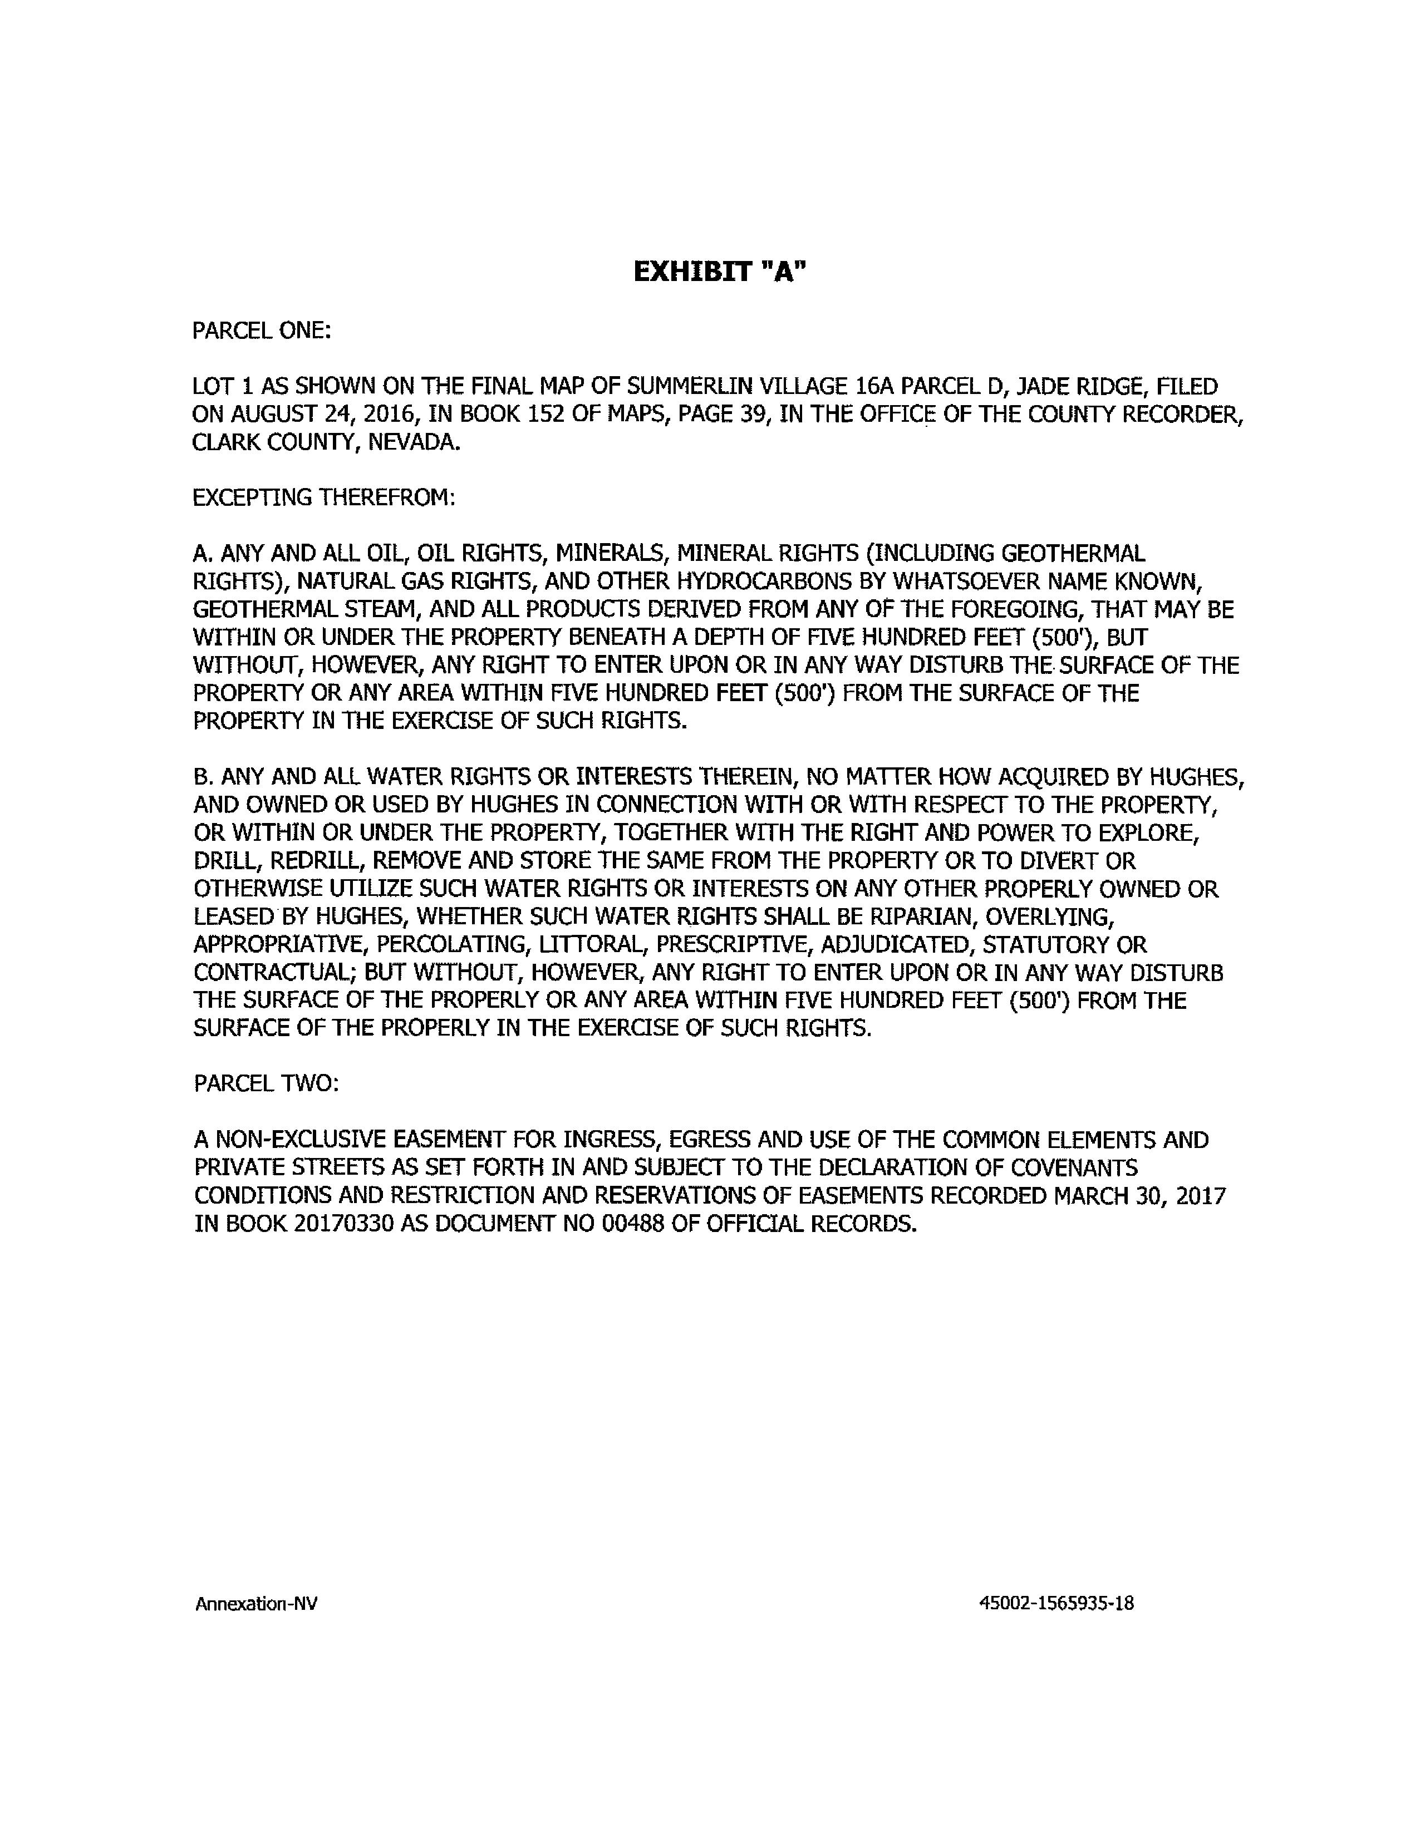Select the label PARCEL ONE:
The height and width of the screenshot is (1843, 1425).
point(262,331)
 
